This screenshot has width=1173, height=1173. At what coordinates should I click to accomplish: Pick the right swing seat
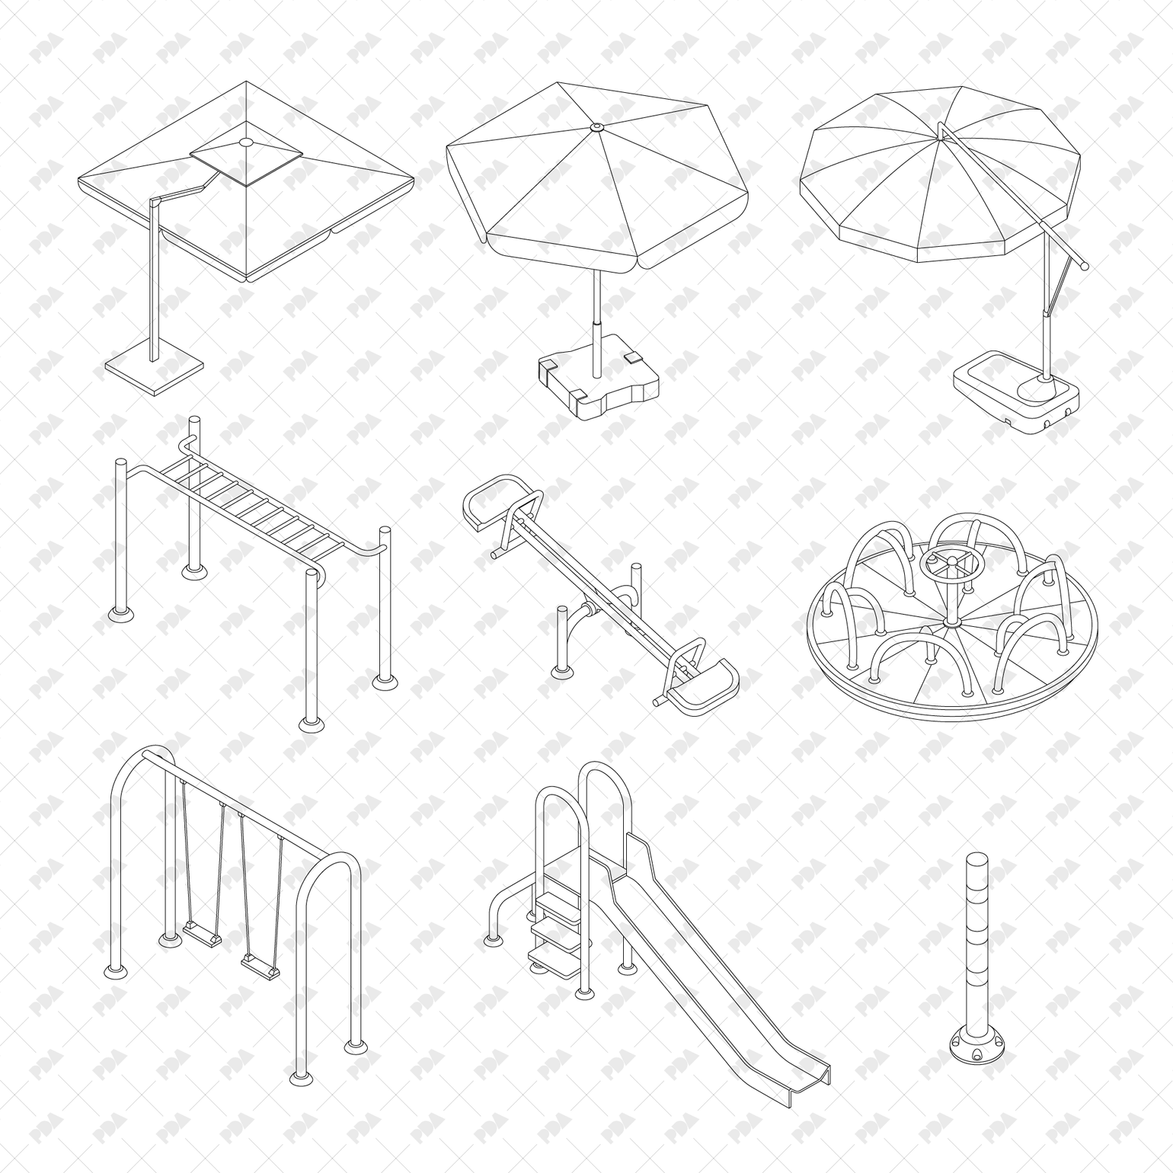coord(260,966)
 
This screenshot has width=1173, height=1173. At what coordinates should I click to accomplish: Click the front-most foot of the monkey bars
coord(311,723)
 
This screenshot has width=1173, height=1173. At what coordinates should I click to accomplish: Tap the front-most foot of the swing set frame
coord(301,1077)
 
